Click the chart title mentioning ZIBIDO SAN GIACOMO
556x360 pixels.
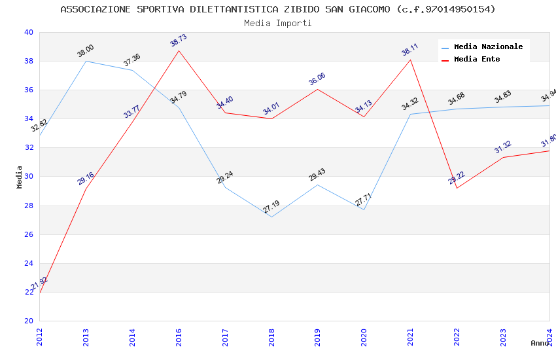[278, 9]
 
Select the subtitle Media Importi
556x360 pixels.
[278, 23]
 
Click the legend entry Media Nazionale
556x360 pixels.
[488, 47]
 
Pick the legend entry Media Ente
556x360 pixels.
[477, 60]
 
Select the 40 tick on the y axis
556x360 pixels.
[28, 32]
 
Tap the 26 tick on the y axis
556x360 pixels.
[28, 234]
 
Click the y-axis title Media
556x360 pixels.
[20, 177]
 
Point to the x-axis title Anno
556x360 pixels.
[540, 343]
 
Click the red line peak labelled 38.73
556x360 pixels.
[179, 50]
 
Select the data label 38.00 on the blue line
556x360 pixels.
[86, 51]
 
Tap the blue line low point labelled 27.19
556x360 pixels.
[271, 217]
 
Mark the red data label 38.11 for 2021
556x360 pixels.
[410, 50]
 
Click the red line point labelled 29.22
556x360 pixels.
[457, 189]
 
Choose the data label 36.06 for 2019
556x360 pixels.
[317, 79]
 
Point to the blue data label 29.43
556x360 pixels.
[317, 175]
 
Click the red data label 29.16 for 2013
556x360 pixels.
[86, 179]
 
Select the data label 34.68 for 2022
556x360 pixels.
[457, 99]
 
